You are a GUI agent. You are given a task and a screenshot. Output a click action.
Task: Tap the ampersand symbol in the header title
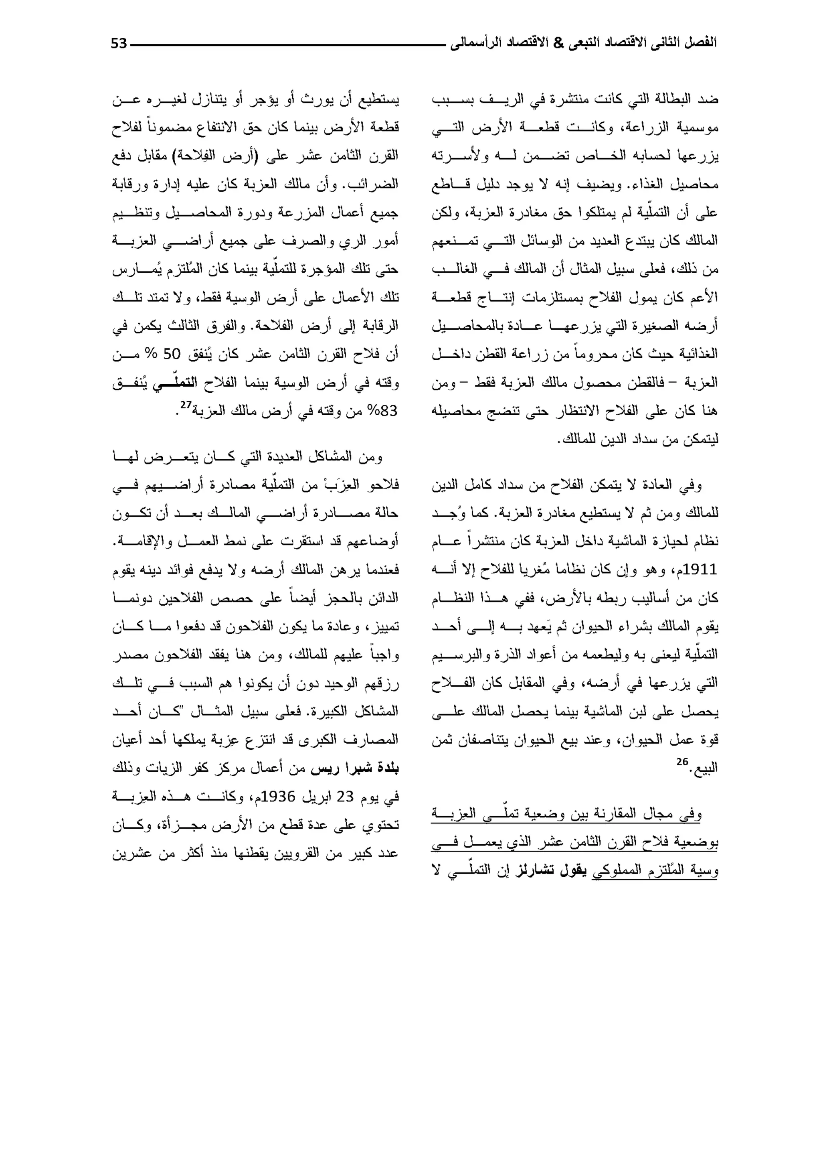558,43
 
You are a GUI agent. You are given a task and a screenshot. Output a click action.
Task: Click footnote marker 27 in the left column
186,406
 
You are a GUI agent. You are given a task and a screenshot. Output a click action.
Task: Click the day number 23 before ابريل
345,797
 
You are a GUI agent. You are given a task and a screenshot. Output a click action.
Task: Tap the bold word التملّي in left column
174,383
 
